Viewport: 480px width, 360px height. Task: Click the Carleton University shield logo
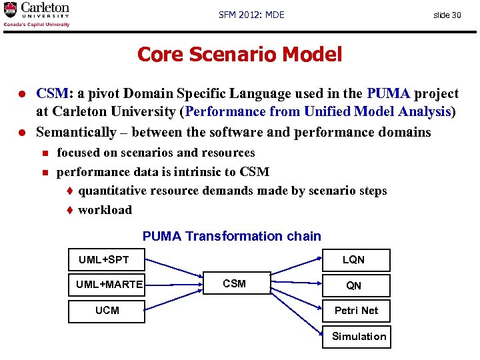pyautogui.click(x=10, y=10)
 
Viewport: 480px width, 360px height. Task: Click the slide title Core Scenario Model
pyautogui.click(x=239, y=54)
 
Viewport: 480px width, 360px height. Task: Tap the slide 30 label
pyautogui.click(x=447, y=15)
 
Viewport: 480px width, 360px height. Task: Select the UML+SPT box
pyautogui.click(x=107, y=260)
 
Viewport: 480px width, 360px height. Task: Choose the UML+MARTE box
pyautogui.click(x=107, y=285)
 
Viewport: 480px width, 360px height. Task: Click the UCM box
pyautogui.click(x=107, y=310)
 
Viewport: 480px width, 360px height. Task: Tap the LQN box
pyautogui.click(x=354, y=260)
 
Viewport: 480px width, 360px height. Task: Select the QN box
pyautogui.click(x=354, y=285)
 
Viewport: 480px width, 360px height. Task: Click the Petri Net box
pyautogui.click(x=355, y=311)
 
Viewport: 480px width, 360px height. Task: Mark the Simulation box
pyautogui.click(x=359, y=336)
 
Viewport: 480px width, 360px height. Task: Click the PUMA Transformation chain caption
pyautogui.click(x=232, y=236)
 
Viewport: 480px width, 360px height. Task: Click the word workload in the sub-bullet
pyautogui.click(x=105, y=210)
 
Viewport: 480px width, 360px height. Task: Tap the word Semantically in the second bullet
pyautogui.click(x=75, y=132)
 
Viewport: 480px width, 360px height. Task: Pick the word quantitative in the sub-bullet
pyautogui.click(x=112, y=191)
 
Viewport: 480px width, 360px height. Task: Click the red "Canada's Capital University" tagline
pyautogui.click(x=37, y=25)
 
